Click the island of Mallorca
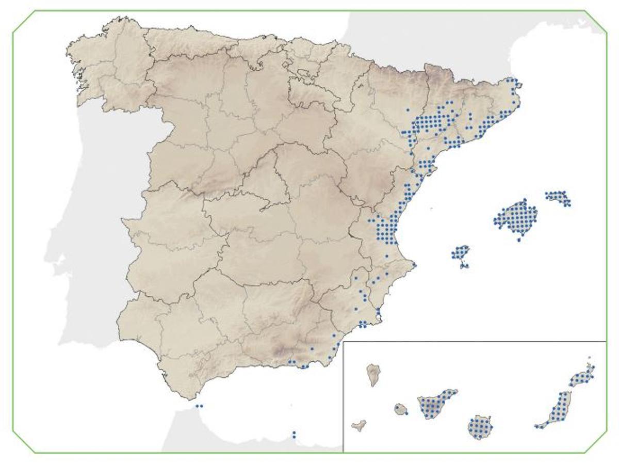tap(516, 217)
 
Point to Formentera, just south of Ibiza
tap(464, 266)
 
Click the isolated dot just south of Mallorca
tap(519, 240)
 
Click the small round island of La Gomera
tap(401, 409)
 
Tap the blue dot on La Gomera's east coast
tap(406, 413)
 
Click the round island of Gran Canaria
tap(479, 427)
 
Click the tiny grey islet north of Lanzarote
tap(590, 357)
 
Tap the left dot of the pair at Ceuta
tap(197, 406)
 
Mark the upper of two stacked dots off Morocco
tap(294, 433)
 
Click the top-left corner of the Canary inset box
tap(344, 342)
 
